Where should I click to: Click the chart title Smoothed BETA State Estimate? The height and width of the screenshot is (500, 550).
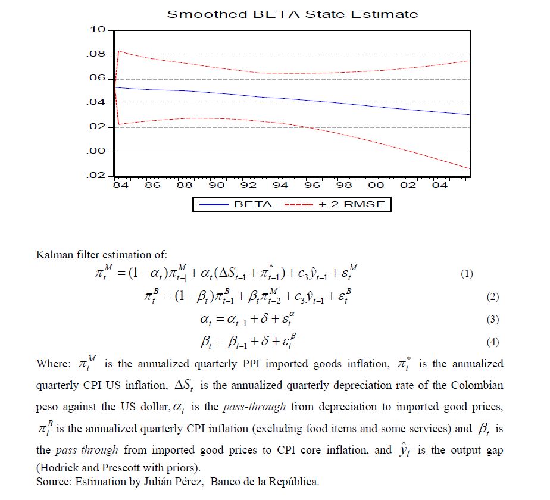(x=292, y=14)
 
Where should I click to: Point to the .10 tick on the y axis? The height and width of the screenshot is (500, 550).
(x=96, y=30)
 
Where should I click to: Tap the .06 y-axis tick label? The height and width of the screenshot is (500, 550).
(x=96, y=79)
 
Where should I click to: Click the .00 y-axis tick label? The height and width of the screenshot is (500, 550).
(x=96, y=152)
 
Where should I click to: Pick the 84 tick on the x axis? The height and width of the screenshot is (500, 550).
(x=121, y=186)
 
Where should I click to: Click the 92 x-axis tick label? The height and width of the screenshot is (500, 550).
(x=249, y=186)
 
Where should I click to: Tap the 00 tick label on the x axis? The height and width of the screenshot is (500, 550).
(x=376, y=186)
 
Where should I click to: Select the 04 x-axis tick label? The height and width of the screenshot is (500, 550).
(x=440, y=186)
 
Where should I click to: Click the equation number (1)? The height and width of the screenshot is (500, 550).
(x=467, y=274)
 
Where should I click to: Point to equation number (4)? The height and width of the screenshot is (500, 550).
(x=492, y=342)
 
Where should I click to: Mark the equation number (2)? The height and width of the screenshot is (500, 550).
(x=492, y=297)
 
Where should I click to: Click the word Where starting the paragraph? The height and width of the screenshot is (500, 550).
(x=53, y=364)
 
